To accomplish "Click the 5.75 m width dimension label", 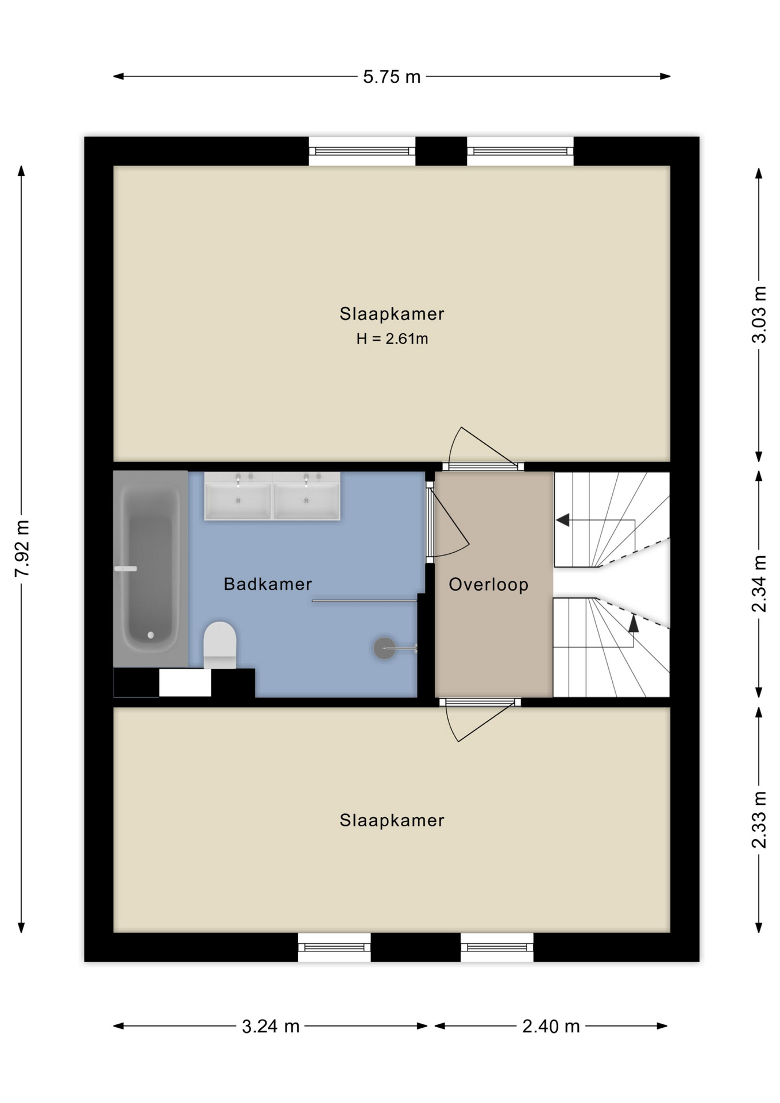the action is pos(392,76).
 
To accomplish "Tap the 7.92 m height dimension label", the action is pos(22,549).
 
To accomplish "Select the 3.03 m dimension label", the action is pos(759,314).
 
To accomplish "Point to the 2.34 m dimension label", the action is pos(759,584).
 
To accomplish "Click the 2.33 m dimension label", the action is pos(759,820).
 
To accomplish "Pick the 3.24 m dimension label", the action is pos(271,1027).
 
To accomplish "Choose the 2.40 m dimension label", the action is pos(551,1027).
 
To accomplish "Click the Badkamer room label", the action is pos(268,584).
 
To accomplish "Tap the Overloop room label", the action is pos(488,585).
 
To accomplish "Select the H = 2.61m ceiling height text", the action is pos(392,339).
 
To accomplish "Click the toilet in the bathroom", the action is pos(220,645).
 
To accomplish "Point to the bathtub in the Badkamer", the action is pos(150,569).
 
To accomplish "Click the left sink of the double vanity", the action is pos(238,496).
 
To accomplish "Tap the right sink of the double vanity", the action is pos(306,496).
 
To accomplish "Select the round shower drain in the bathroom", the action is pos(384,649).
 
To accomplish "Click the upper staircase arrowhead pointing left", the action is pos(563,520).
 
